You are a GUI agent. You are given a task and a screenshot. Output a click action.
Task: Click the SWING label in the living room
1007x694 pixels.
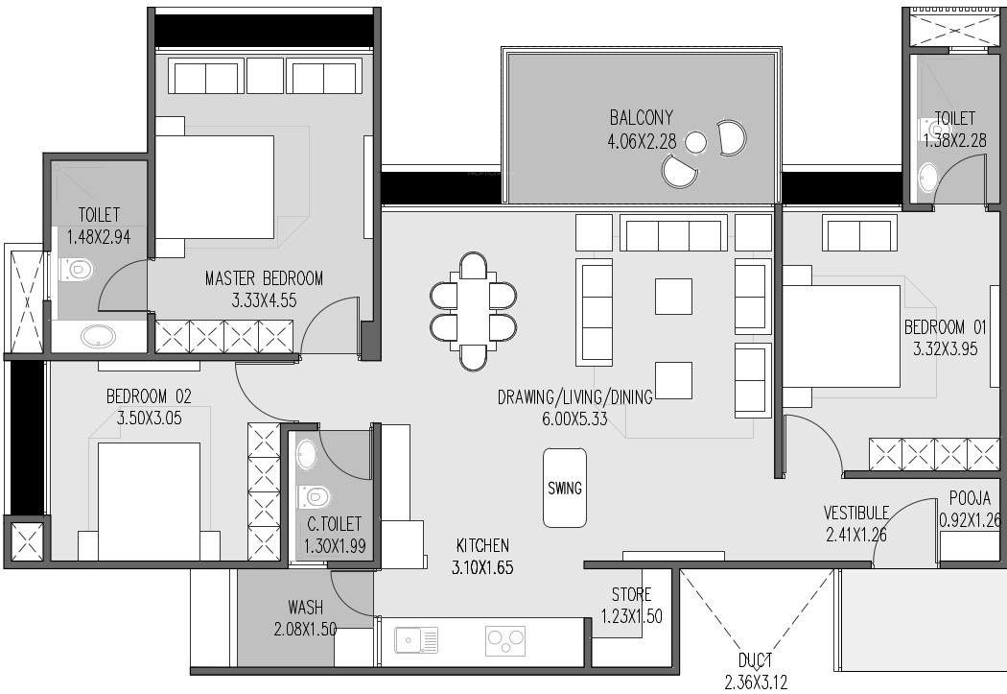pyautogui.click(x=564, y=488)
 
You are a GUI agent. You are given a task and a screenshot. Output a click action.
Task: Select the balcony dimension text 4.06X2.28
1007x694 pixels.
pyautogui.click(x=641, y=142)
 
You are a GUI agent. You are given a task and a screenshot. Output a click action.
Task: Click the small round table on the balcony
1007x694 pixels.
pyautogui.click(x=697, y=142)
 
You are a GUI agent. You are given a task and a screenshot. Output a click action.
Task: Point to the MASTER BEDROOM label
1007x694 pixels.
pyautogui.click(x=264, y=278)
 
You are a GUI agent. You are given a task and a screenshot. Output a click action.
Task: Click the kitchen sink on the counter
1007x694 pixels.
pyautogui.click(x=416, y=639)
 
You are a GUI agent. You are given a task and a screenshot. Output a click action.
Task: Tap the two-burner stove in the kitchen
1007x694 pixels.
pyautogui.click(x=504, y=640)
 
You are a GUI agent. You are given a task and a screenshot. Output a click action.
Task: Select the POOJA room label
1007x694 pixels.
pyautogui.click(x=970, y=499)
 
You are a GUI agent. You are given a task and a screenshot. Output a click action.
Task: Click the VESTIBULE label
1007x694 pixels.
pyautogui.click(x=855, y=514)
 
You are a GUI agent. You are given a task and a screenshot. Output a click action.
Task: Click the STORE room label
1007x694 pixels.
pyautogui.click(x=631, y=595)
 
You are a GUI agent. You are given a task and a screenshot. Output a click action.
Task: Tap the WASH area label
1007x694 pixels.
pyautogui.click(x=305, y=608)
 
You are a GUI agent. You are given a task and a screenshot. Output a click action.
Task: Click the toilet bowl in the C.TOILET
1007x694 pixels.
pyautogui.click(x=315, y=496)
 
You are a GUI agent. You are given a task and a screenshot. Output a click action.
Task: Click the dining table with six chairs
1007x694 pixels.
pyautogui.click(x=474, y=310)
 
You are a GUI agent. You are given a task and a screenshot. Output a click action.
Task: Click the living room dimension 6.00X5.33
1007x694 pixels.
pyautogui.click(x=574, y=419)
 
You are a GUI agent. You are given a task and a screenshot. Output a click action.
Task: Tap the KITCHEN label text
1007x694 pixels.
pyautogui.click(x=481, y=545)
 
